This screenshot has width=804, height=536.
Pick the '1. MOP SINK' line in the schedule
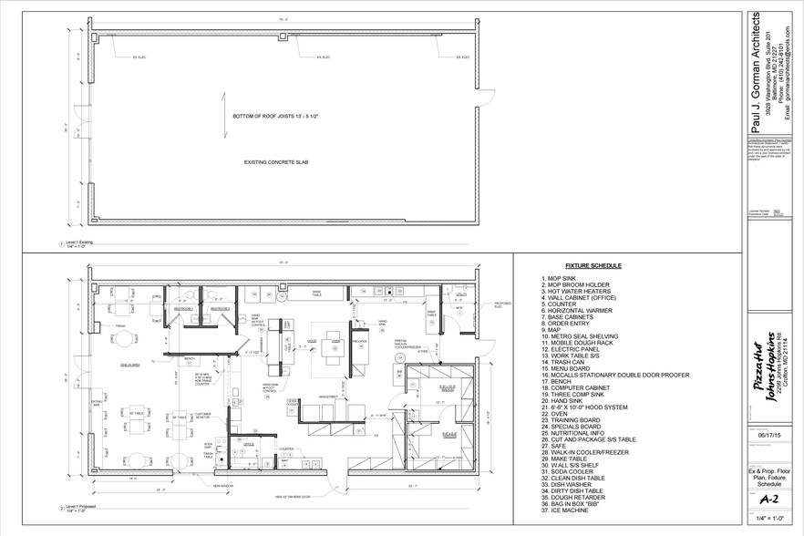click(x=557, y=277)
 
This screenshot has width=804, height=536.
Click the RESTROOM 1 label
click(x=182, y=309)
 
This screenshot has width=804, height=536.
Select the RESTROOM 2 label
click(x=220, y=309)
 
